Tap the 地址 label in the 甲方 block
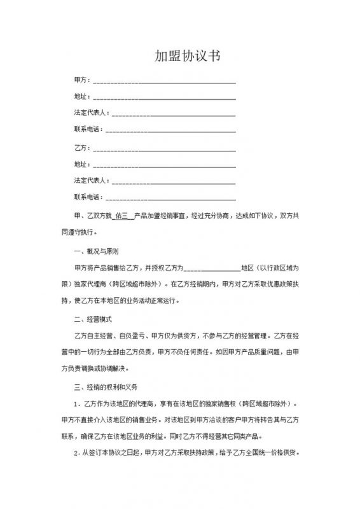pos(81,97)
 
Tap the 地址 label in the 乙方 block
pos(81,164)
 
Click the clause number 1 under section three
pos(77,404)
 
